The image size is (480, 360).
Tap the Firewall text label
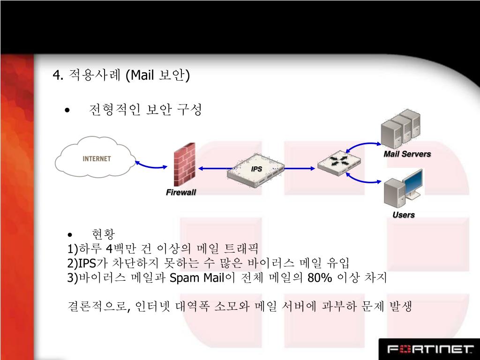tap(180, 193)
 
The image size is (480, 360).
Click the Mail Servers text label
tap(407, 154)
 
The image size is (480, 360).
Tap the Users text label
tap(403, 215)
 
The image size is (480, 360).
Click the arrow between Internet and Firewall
tap(151, 164)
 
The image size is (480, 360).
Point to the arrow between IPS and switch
tap(300, 168)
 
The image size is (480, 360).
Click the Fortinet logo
tap(429, 349)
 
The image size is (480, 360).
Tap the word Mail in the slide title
tap(142, 75)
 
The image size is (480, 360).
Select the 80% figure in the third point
tap(320, 278)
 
